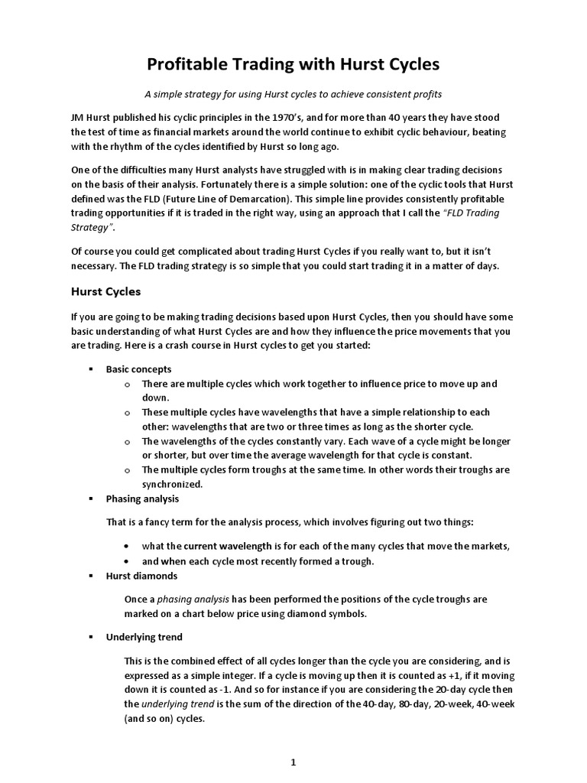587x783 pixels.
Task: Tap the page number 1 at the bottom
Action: click(293, 741)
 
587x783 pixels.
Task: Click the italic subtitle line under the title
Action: click(293, 94)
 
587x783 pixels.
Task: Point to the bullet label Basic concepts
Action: click(139, 369)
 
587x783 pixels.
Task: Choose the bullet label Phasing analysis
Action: click(142, 499)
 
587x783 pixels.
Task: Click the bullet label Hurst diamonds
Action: click(141, 576)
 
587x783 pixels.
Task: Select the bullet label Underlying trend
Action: click(144, 637)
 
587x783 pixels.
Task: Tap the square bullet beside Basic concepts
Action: click(91, 369)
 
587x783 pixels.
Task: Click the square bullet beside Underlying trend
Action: click(91, 637)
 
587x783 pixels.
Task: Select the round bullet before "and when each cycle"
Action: click(126, 561)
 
